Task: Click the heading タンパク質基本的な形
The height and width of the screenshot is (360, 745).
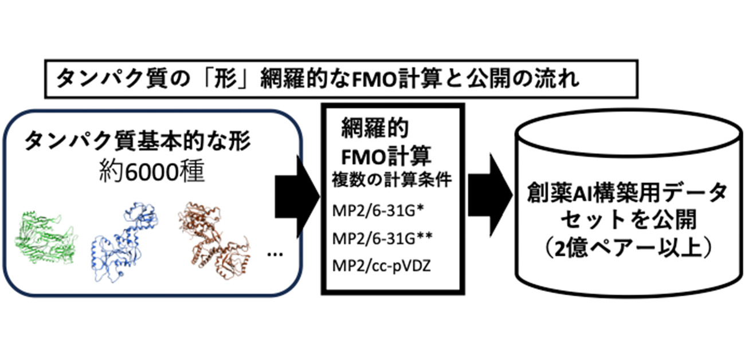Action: (x=128, y=142)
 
